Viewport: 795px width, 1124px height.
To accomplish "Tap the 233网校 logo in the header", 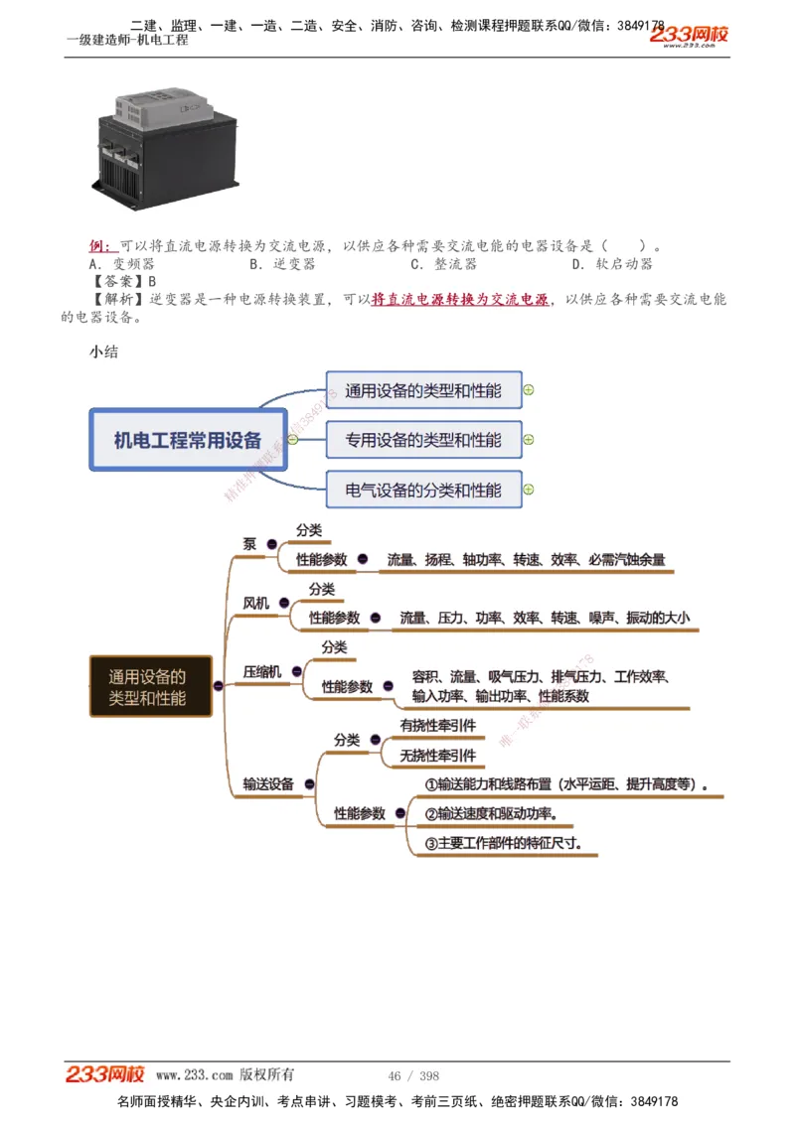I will (689, 36).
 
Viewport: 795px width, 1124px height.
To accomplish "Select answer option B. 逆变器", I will (282, 264).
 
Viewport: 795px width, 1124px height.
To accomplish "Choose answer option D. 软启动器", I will (612, 264).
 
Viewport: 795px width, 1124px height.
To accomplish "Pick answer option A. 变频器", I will (121, 264).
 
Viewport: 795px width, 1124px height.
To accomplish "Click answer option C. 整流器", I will (443, 264).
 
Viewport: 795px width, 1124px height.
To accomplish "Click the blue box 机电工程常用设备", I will (188, 439).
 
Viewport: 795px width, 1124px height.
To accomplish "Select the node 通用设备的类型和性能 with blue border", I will (423, 390).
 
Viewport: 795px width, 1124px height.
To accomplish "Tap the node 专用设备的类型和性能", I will (423, 440).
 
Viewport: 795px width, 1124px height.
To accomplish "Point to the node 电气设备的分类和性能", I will (423, 490).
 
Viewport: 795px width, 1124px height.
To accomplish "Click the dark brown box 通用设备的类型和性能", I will (151, 687).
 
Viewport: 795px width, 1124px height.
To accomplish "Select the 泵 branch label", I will (249, 543).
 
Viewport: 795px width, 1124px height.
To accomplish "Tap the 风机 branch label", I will (255, 603).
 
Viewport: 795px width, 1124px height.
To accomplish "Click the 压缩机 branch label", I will (262, 672).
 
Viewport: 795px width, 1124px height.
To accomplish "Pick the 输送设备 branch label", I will (268, 783).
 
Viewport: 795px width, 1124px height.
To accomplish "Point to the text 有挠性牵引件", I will (437, 726).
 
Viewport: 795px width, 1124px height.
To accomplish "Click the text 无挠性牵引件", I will (437, 756).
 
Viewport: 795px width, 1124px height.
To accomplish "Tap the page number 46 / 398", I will (413, 1076).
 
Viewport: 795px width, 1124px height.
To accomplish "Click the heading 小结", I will (103, 351).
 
